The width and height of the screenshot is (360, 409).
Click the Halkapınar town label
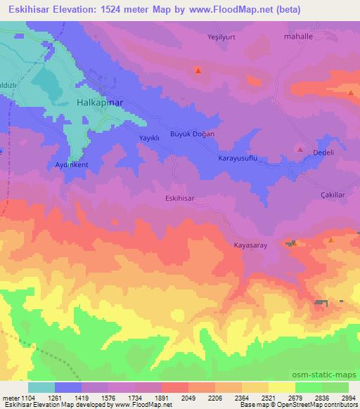[99, 103]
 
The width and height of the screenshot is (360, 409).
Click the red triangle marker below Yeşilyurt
[198, 70]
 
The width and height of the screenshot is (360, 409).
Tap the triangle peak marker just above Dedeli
[301, 150]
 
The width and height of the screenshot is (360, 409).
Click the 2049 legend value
[187, 397]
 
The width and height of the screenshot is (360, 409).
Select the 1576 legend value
[107, 397]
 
